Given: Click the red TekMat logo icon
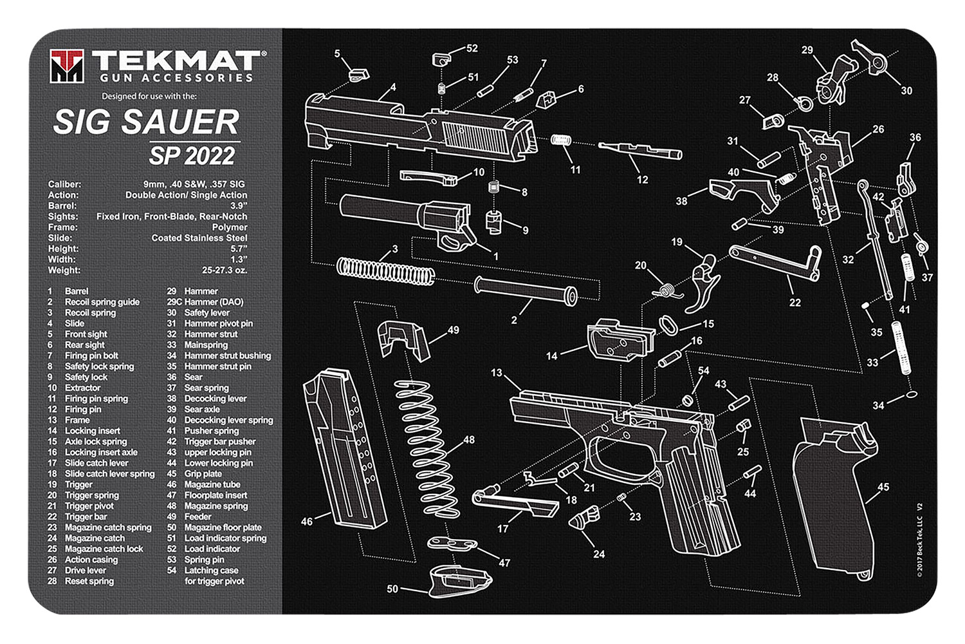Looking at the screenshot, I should (x=67, y=66).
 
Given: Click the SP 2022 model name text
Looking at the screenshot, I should (x=192, y=156).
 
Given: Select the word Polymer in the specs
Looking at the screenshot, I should (x=230, y=227).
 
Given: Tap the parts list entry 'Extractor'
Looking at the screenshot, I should (x=82, y=388).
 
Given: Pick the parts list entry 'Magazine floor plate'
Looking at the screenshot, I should (x=223, y=527).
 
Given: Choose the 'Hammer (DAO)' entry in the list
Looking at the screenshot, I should (x=214, y=302).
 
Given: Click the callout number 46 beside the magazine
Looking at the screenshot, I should (x=307, y=521).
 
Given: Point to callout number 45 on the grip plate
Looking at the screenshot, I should (x=883, y=488).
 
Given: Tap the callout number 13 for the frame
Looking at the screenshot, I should (x=496, y=372).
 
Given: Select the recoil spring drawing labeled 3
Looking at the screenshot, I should (x=384, y=270).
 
